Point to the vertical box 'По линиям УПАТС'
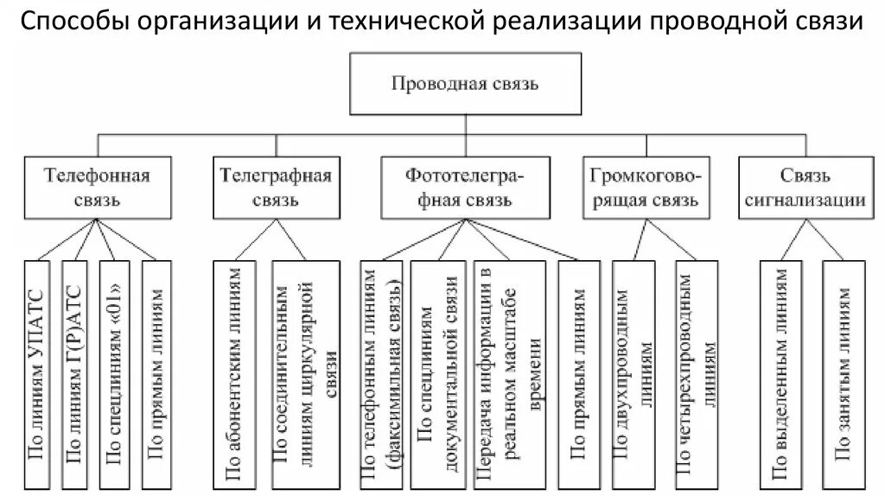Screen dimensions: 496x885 point(37,372)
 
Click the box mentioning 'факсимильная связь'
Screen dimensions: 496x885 point(380,372)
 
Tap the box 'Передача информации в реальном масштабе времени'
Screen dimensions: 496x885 point(508,372)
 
